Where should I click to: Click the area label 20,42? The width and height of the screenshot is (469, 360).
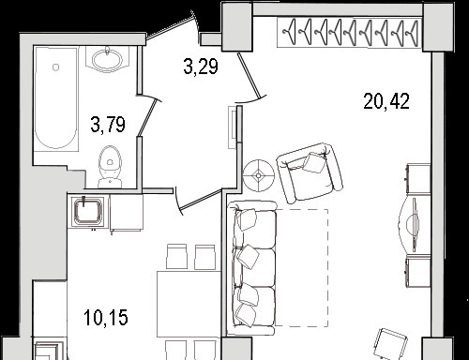386,101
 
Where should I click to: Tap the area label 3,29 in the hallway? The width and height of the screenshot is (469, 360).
201,67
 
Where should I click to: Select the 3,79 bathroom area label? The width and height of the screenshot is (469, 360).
108,124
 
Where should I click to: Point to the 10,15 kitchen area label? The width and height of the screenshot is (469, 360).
106,318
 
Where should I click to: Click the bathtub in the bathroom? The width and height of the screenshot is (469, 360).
56,99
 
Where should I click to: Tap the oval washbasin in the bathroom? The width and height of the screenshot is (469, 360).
107,59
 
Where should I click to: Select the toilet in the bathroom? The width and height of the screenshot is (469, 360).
110,167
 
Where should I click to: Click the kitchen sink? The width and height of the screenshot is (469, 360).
87,211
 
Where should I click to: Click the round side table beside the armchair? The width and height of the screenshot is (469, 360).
259,176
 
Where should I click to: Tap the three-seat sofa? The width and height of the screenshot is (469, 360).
252,268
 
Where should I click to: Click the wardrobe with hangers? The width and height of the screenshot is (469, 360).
350,32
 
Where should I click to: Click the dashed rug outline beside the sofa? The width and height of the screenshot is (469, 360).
301,268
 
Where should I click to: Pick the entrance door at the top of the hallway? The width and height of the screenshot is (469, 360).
171,27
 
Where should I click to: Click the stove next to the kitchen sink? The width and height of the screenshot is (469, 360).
127,212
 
